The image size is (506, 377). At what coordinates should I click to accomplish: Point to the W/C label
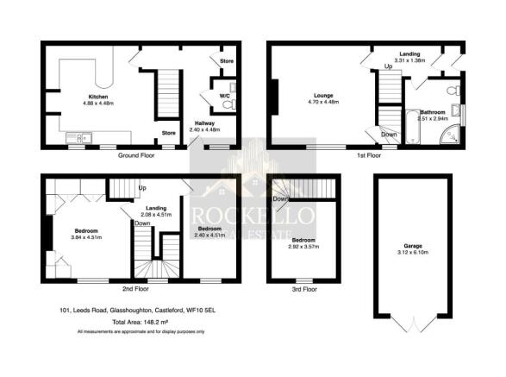point(223,95)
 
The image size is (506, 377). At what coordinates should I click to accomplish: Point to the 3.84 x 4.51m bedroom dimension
point(86,237)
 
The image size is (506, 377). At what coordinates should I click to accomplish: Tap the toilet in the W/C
point(228,104)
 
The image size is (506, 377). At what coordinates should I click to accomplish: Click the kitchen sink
point(78,135)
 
